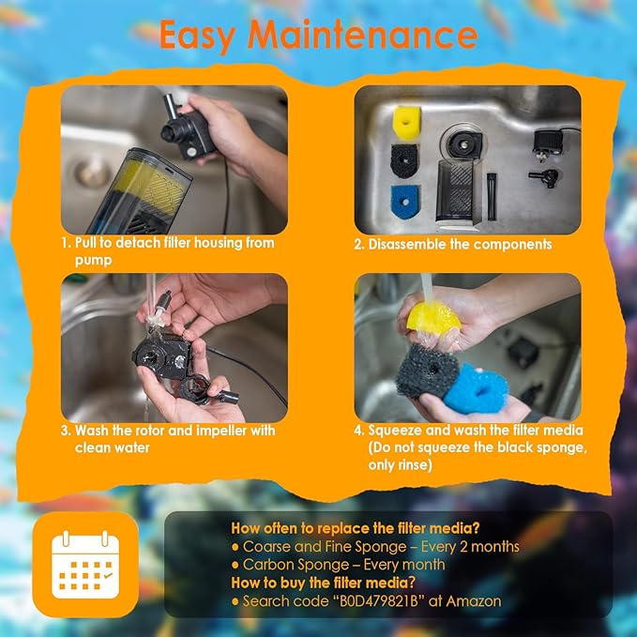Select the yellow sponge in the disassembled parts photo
point(405,118)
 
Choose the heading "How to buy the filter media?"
point(324,583)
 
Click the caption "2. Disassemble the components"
point(453,244)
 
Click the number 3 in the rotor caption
point(66,431)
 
